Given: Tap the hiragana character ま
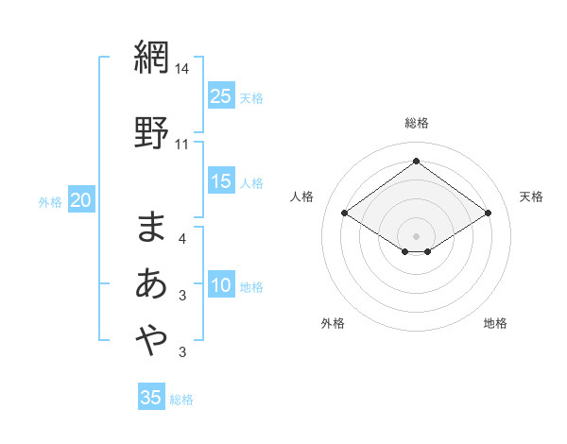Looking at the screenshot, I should [x=152, y=226].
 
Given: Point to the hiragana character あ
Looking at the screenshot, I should [x=152, y=282].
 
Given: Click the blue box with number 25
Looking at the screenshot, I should [x=221, y=95].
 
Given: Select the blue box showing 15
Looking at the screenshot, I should [x=221, y=181].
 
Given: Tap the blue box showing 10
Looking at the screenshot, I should [x=221, y=285].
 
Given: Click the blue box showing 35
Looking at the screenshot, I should [x=151, y=398].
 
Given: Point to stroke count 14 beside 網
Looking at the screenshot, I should [x=182, y=69].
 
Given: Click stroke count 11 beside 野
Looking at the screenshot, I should [x=182, y=144].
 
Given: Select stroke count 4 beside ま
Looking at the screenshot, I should [x=182, y=240].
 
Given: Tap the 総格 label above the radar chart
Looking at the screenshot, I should [x=416, y=123].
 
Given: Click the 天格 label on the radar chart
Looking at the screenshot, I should [x=531, y=196].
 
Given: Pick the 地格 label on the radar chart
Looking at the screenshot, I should [x=495, y=323].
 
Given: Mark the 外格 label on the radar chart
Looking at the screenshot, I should [x=333, y=323].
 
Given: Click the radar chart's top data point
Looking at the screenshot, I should [x=416, y=161].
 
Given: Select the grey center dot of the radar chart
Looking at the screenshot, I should [x=416, y=234].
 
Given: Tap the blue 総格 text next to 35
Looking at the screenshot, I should [x=181, y=400].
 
